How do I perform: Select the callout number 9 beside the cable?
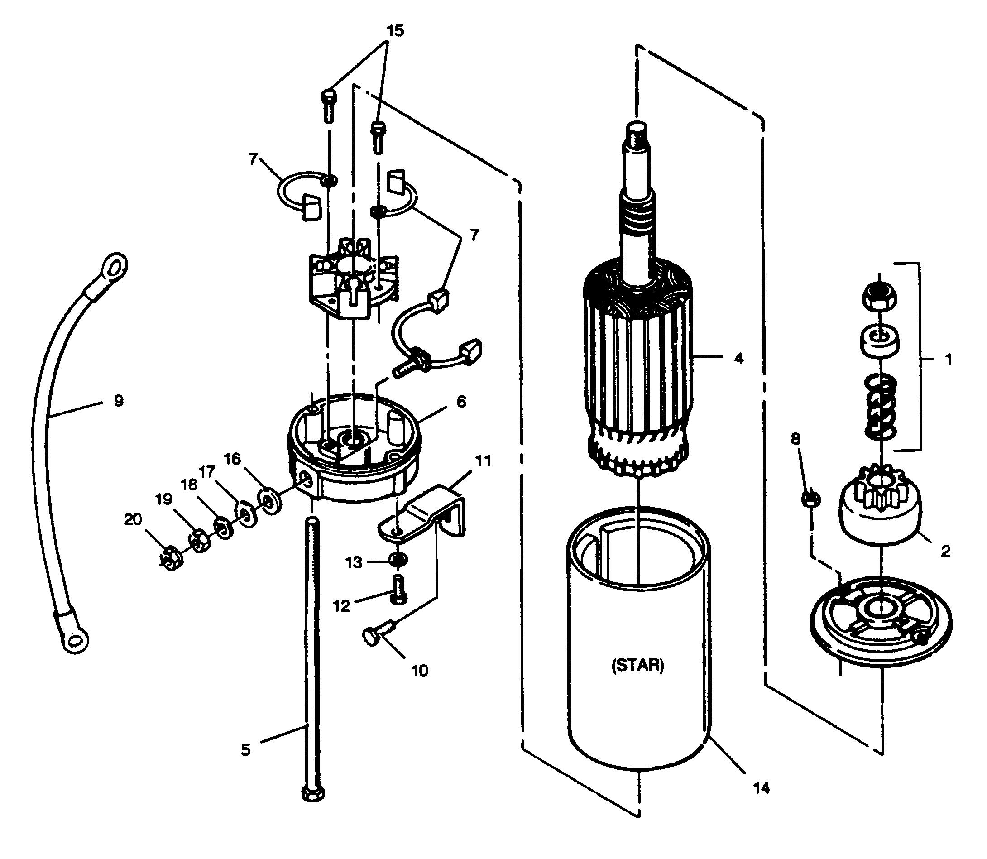119,400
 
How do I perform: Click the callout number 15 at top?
395,30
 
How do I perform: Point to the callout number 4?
739,358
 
